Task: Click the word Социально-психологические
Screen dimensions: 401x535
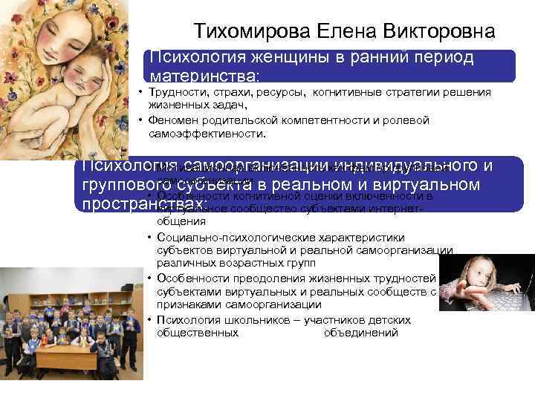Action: coord(222,238)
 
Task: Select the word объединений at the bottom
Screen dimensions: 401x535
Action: coord(361,333)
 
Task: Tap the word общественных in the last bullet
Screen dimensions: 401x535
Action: coord(198,333)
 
